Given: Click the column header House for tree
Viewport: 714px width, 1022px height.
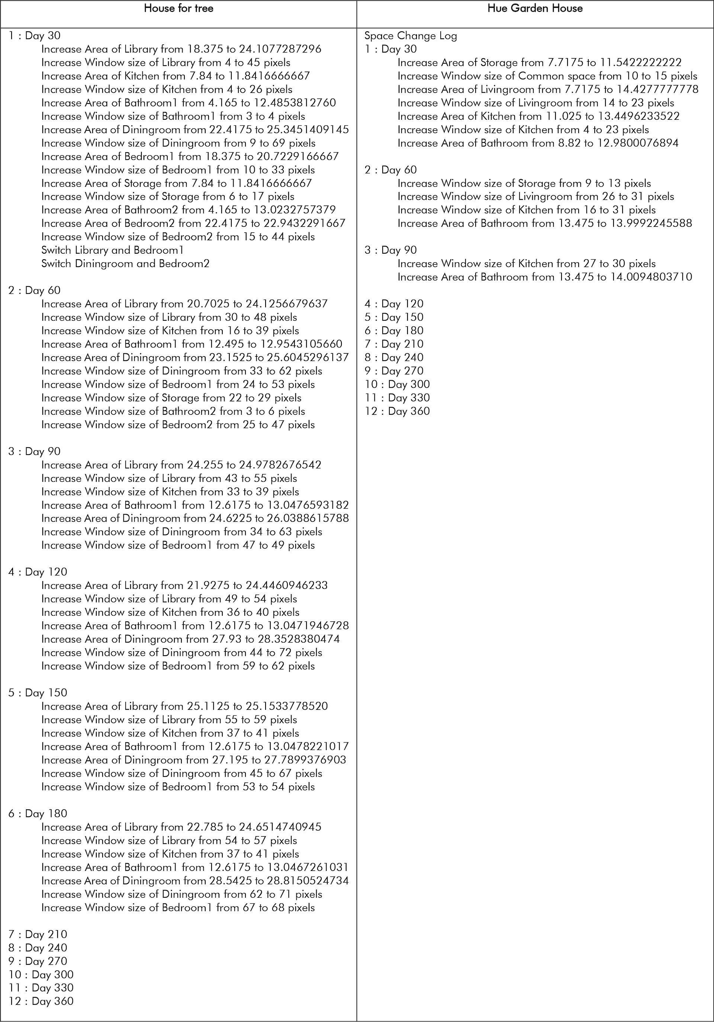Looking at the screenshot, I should (178, 9).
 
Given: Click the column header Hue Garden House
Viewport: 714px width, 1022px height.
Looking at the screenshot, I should (535, 9).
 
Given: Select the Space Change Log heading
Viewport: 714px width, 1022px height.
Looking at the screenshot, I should (410, 36).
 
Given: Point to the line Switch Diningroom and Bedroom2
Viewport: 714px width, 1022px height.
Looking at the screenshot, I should (125, 263).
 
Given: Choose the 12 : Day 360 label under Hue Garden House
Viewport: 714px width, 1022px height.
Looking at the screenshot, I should (397, 411).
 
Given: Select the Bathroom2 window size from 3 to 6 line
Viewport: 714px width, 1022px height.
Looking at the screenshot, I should (173, 411).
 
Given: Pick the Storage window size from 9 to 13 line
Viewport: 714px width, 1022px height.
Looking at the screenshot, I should (524, 183).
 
